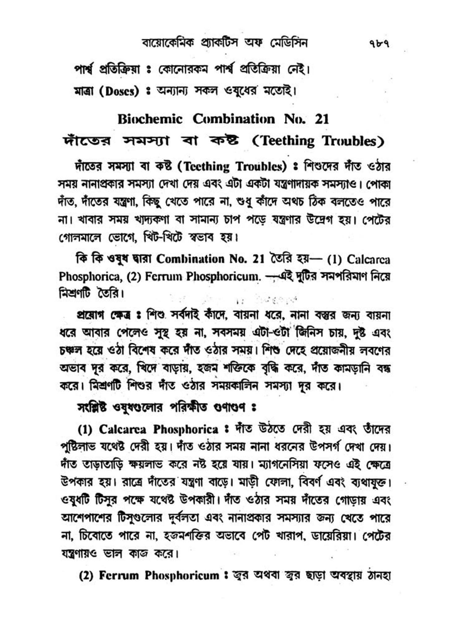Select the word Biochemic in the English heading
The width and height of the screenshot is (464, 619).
pos(150,119)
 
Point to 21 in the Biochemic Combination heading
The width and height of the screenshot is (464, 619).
pos(322,119)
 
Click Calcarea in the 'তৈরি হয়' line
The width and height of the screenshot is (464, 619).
pos(368,259)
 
